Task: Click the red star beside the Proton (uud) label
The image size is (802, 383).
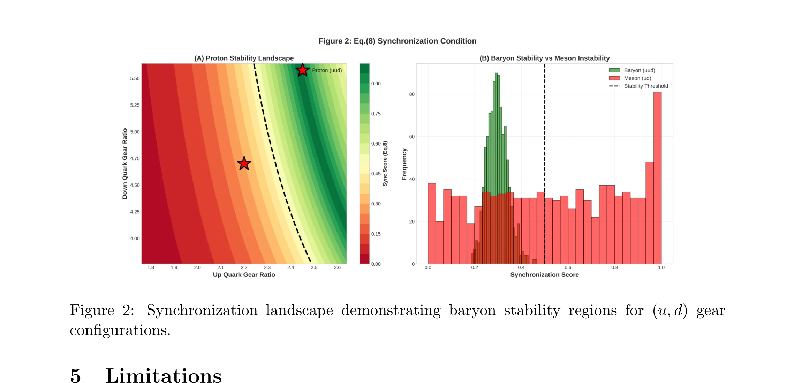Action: pyautogui.click(x=302, y=70)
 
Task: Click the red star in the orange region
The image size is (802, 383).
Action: pyautogui.click(x=244, y=163)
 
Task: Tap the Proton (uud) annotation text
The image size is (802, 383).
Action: pyautogui.click(x=327, y=70)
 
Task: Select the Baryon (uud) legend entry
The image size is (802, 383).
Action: pyautogui.click(x=639, y=70)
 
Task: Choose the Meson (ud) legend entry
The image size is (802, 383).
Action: pyautogui.click(x=637, y=78)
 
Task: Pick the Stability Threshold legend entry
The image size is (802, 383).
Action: pyautogui.click(x=646, y=86)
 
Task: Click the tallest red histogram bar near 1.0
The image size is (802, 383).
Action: pyautogui.click(x=657, y=178)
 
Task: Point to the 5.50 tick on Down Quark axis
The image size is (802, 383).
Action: pyautogui.click(x=135, y=79)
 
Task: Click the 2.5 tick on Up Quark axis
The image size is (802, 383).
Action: pyautogui.click(x=314, y=268)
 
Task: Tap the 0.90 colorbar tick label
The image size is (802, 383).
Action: pyautogui.click(x=376, y=84)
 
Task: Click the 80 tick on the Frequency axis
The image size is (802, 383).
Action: pyautogui.click(x=412, y=94)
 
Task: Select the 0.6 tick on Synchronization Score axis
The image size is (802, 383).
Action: pyautogui.click(x=568, y=268)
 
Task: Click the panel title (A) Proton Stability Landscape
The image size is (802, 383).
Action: pyautogui.click(x=244, y=58)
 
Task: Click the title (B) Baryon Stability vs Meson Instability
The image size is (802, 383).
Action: pyautogui.click(x=544, y=58)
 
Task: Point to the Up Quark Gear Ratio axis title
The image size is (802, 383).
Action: pyautogui.click(x=244, y=275)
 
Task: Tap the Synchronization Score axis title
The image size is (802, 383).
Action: pyautogui.click(x=544, y=275)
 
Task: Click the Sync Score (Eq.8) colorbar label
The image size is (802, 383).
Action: pyautogui.click(x=385, y=164)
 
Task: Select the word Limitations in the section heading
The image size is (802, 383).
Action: pyautogui.click(x=163, y=376)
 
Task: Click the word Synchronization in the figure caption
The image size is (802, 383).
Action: pyautogui.click(x=202, y=310)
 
